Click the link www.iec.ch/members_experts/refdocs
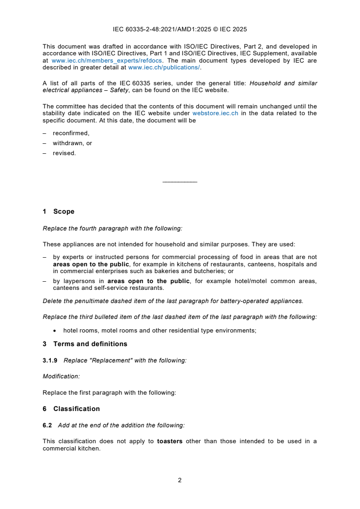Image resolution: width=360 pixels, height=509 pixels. click(107, 60)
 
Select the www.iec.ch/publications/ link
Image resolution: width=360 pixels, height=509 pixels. click(164, 68)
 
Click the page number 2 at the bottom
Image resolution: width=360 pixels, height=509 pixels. click(180, 480)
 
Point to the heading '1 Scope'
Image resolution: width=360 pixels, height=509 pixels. click(59, 211)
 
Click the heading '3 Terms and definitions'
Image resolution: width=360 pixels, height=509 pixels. click(85, 344)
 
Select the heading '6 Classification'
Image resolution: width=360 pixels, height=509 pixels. click(71, 409)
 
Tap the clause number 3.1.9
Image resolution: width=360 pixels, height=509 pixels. click(50, 360)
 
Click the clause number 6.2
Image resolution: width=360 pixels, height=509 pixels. click(47, 425)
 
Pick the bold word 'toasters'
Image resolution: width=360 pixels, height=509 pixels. click(170, 441)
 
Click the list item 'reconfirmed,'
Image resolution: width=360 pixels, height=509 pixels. click(71, 133)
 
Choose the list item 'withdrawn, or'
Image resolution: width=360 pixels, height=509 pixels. click(72, 143)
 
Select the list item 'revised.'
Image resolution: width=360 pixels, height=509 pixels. click(64, 153)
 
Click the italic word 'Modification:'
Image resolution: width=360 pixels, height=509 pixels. click(61, 377)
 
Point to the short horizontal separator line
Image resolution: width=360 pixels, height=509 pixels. click(180, 182)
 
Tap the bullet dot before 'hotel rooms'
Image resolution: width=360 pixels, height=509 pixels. click(54, 331)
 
